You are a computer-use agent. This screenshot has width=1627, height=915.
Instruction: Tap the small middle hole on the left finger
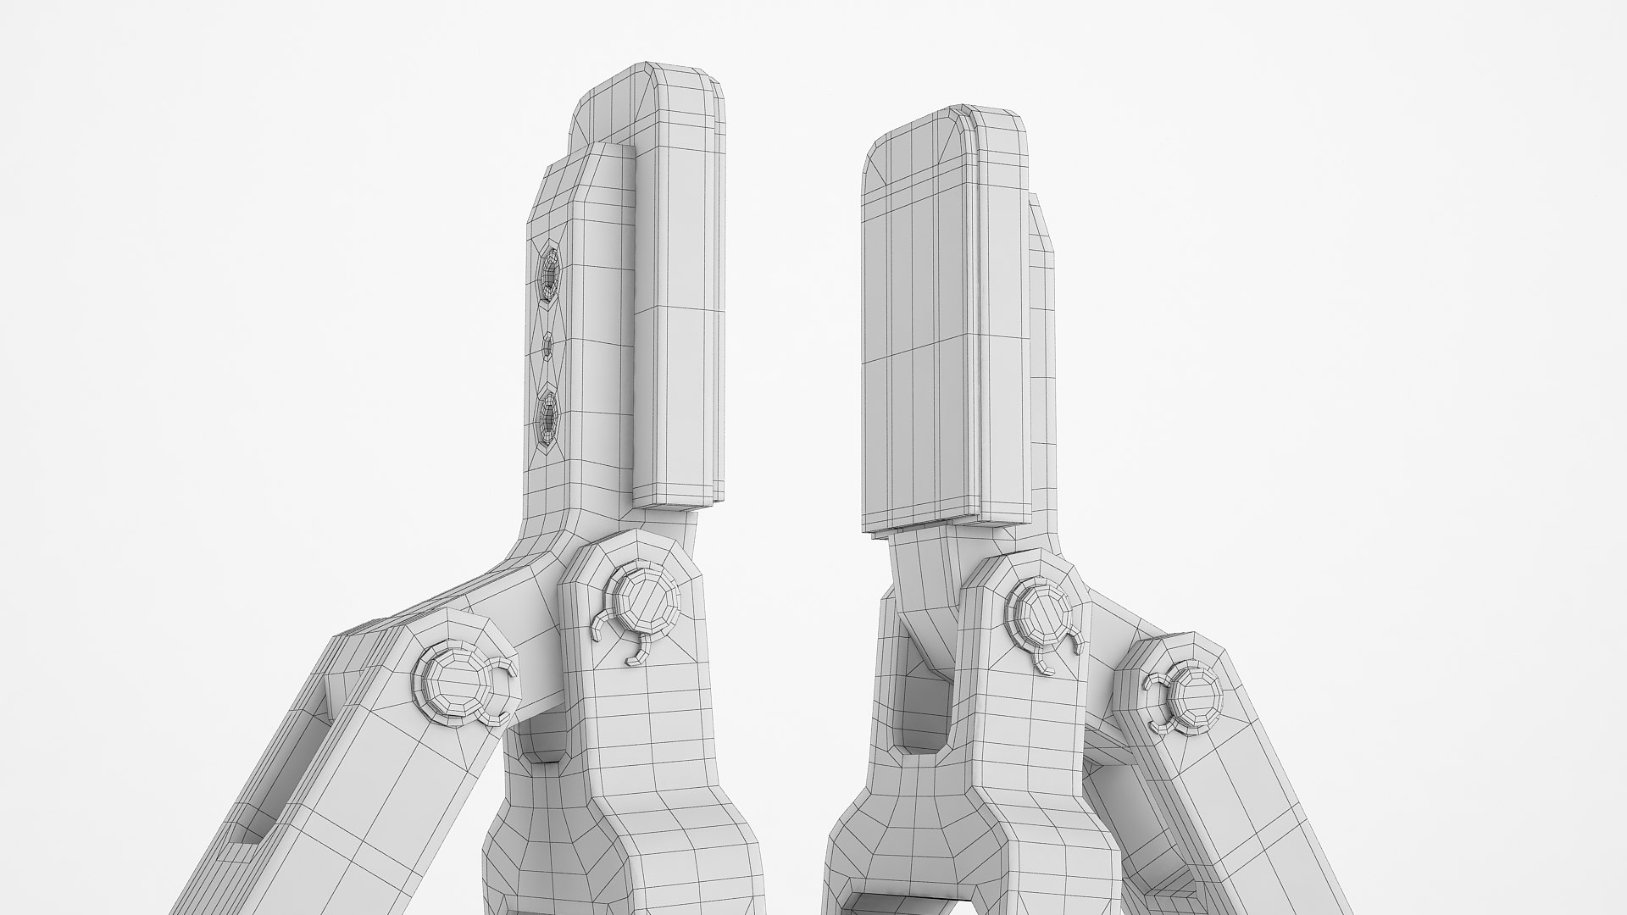[x=547, y=345]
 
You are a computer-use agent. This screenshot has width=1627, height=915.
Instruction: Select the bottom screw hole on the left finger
[x=549, y=417]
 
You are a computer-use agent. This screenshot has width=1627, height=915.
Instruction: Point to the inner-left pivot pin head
[x=644, y=599]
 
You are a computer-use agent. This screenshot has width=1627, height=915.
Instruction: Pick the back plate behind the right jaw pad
[x=1042, y=339]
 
